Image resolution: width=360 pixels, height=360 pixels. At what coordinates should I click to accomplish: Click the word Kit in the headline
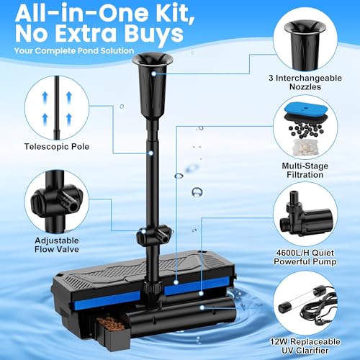coord(172,12)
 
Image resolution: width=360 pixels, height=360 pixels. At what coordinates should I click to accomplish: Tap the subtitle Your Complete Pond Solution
coord(74,51)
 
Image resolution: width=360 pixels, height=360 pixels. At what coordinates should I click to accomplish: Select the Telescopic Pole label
coord(57,147)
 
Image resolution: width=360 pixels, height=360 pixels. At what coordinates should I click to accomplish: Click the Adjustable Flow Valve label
coord(57,245)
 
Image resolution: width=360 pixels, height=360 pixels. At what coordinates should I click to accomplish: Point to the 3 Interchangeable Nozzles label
coord(305,82)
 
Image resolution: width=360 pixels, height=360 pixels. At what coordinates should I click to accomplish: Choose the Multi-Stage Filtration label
coord(305,170)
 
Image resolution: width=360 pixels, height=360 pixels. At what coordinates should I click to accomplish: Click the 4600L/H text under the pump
coord(292,253)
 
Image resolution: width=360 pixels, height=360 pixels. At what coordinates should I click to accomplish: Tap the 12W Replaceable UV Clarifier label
coord(305,346)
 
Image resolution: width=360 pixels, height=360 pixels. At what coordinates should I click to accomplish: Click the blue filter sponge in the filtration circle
coord(305,109)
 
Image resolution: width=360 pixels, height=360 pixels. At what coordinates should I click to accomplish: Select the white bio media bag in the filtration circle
coord(305,147)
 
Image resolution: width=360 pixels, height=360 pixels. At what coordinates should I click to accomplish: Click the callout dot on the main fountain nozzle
coord(153,74)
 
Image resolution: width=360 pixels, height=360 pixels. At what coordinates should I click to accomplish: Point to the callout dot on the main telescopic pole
coord(151,153)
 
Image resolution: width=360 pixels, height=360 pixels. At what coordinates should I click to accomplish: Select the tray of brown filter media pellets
coord(112,322)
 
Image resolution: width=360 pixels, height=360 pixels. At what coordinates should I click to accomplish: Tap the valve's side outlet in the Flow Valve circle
coord(68,201)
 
